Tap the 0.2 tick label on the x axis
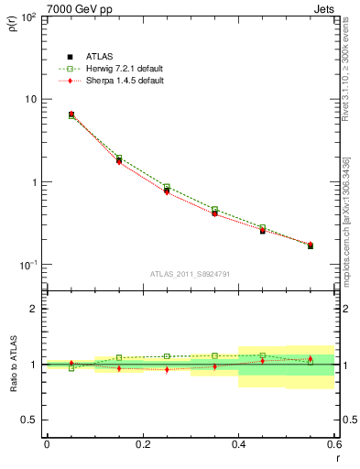[142, 443]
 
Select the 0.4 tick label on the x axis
[238, 443]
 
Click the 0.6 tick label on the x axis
[333, 443]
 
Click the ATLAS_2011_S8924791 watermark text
[190, 274]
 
